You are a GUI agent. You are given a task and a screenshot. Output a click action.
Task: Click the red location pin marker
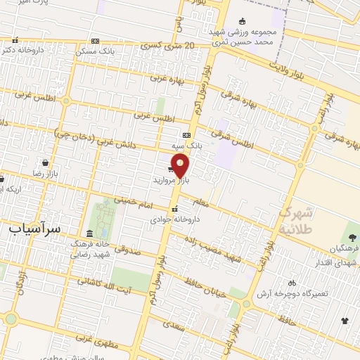tap(181, 165)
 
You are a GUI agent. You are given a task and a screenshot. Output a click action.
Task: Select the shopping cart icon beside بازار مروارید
tap(172, 169)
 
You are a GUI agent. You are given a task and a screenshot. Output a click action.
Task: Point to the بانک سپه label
tap(187, 146)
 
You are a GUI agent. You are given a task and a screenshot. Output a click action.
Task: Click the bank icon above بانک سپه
tap(186, 135)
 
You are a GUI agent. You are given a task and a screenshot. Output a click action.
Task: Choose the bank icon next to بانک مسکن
tap(95, 41)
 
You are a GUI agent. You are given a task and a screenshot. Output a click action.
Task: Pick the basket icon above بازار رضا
tap(45, 162)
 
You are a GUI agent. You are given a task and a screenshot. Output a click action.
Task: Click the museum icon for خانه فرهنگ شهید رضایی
tap(89, 233)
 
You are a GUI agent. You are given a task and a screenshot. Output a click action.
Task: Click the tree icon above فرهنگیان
tap(352, 237)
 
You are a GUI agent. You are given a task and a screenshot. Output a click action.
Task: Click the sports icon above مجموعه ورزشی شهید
tap(243, 20)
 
